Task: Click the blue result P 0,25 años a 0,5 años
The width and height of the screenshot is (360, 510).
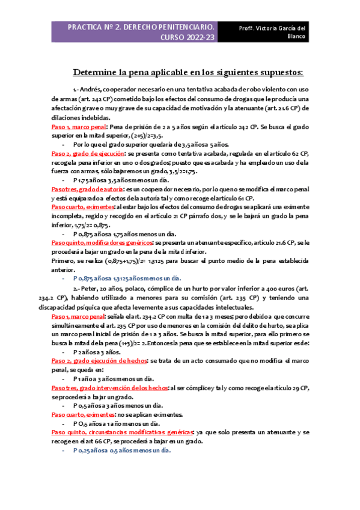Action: coord(123,449)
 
